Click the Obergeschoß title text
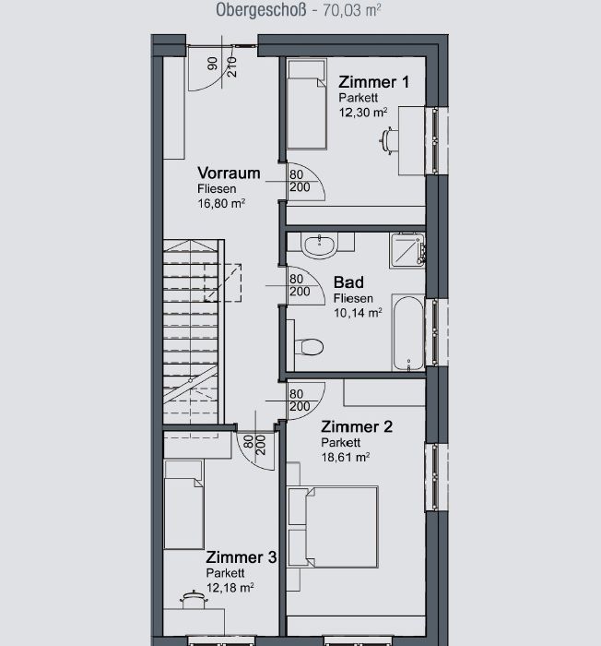261,10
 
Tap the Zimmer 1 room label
373,82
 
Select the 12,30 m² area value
362,112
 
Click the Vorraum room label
229,173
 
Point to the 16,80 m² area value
221,204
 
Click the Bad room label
348,282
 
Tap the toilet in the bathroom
309,346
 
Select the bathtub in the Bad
407,333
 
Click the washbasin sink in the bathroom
320,245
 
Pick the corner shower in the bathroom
407,250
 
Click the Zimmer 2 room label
357,426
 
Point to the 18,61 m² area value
346,458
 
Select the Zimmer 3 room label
242,557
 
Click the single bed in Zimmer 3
183,505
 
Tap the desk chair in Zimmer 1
388,141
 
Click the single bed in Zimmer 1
307,104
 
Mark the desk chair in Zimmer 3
194,600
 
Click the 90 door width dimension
212,64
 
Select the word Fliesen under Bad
353,298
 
